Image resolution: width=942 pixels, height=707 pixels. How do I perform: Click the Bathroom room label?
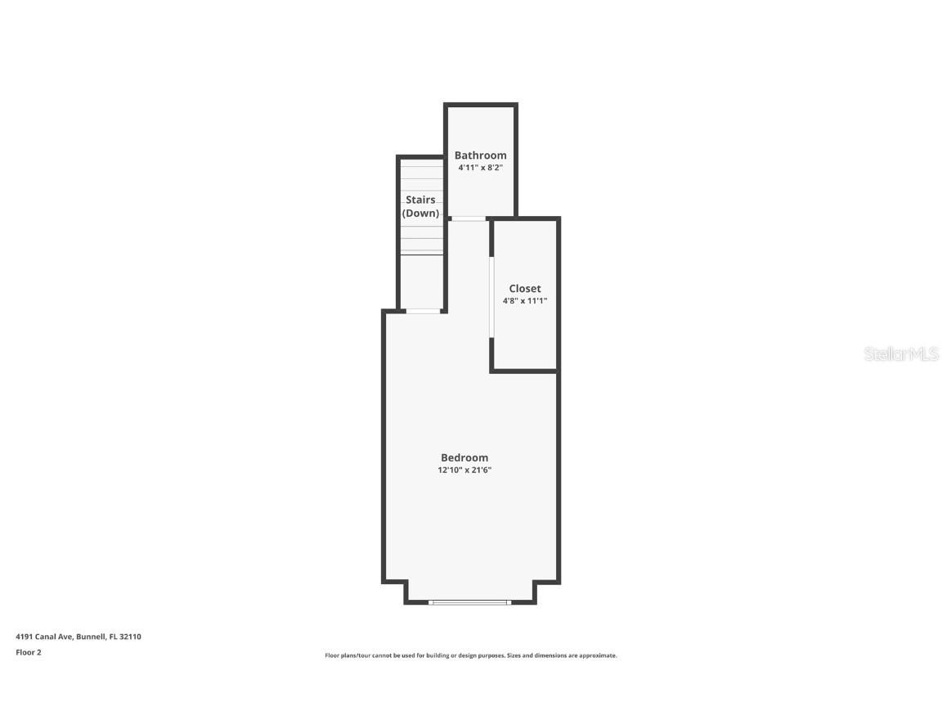pyautogui.click(x=480, y=155)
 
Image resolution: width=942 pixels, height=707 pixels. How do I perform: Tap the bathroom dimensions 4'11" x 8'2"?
pyautogui.click(x=480, y=169)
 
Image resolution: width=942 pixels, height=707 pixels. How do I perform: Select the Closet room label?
pyautogui.click(x=525, y=289)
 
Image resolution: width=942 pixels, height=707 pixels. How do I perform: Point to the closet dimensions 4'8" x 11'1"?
pyautogui.click(x=525, y=301)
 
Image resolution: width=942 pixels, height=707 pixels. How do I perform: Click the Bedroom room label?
pyautogui.click(x=464, y=458)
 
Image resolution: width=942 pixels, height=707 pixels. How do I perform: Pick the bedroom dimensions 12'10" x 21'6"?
pyautogui.click(x=464, y=471)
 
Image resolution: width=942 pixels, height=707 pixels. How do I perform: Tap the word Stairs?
pyautogui.click(x=420, y=200)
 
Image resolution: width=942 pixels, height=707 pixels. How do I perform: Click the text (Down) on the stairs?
pyautogui.click(x=420, y=214)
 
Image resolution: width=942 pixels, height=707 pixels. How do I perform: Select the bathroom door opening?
pyautogui.click(x=468, y=218)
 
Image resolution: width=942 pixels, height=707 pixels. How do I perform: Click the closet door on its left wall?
pyautogui.click(x=491, y=297)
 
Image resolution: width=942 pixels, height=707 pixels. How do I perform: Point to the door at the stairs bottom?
pyautogui.click(x=423, y=311)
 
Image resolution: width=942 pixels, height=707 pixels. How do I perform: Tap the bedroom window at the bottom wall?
pyautogui.click(x=470, y=602)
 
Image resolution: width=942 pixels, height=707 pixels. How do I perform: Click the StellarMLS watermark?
pyautogui.click(x=902, y=354)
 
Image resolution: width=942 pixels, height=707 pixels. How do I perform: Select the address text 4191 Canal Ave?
pyautogui.click(x=44, y=637)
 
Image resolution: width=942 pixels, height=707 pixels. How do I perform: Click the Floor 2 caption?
pyautogui.click(x=29, y=652)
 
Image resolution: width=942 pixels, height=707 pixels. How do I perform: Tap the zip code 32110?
pyautogui.click(x=131, y=637)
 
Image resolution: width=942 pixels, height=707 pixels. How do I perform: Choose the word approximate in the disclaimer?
pyautogui.click(x=596, y=655)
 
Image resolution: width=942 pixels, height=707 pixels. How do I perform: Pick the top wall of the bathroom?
pyautogui.click(x=481, y=105)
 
